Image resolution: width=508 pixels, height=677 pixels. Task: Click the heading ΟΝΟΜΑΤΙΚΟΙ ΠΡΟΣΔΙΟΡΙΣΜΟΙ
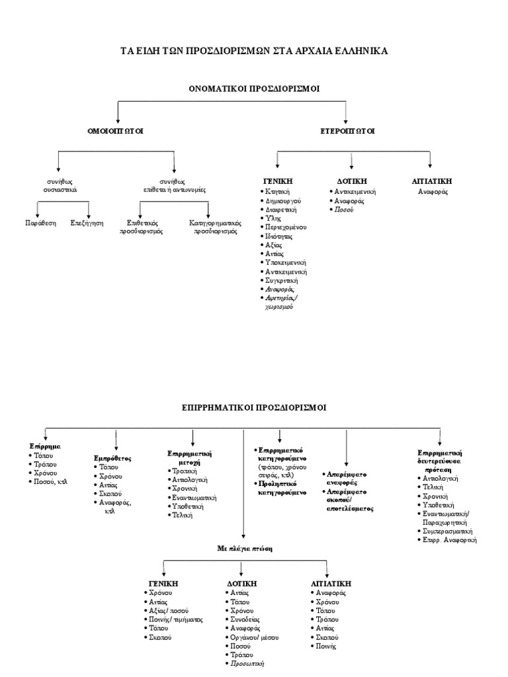[254, 89]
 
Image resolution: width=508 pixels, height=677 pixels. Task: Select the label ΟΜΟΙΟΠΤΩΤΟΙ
[115, 131]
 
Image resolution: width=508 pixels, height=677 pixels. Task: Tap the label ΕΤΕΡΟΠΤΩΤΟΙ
[347, 131]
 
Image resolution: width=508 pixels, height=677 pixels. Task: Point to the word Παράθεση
[40, 223]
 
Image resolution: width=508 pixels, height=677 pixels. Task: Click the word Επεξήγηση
[87, 223]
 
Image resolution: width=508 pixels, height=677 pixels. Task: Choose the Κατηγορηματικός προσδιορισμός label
[215, 227]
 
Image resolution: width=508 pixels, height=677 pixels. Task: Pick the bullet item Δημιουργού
[283, 201]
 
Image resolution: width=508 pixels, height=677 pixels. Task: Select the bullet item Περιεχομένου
[286, 227]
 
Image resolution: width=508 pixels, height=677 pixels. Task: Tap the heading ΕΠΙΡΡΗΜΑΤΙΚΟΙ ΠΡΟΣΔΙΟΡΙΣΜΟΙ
[254, 407]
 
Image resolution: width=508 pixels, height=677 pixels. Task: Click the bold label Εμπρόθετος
[112, 459]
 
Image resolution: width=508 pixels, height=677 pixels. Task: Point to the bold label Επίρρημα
[45, 446]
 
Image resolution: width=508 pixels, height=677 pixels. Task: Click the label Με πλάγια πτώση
[245, 548]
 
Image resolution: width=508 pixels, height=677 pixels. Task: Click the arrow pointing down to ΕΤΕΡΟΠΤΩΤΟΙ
[345, 112]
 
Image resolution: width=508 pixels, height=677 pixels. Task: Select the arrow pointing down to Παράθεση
[38, 210]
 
